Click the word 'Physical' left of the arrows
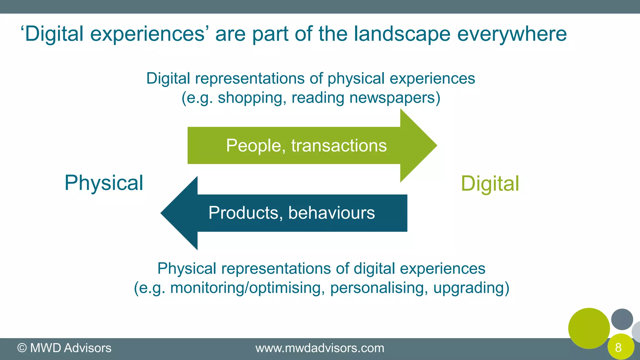(104, 183)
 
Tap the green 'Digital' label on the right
(490, 184)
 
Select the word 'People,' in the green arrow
(256, 146)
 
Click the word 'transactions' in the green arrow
(339, 146)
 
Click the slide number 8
(618, 347)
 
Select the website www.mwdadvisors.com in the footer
(320, 348)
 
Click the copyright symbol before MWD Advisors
(22, 348)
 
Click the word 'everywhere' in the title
(512, 34)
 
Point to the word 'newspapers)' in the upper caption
(395, 98)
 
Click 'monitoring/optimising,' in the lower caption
(246, 288)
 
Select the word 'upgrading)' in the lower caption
(471, 288)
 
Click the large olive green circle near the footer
(589, 328)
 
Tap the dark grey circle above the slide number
(622, 319)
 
